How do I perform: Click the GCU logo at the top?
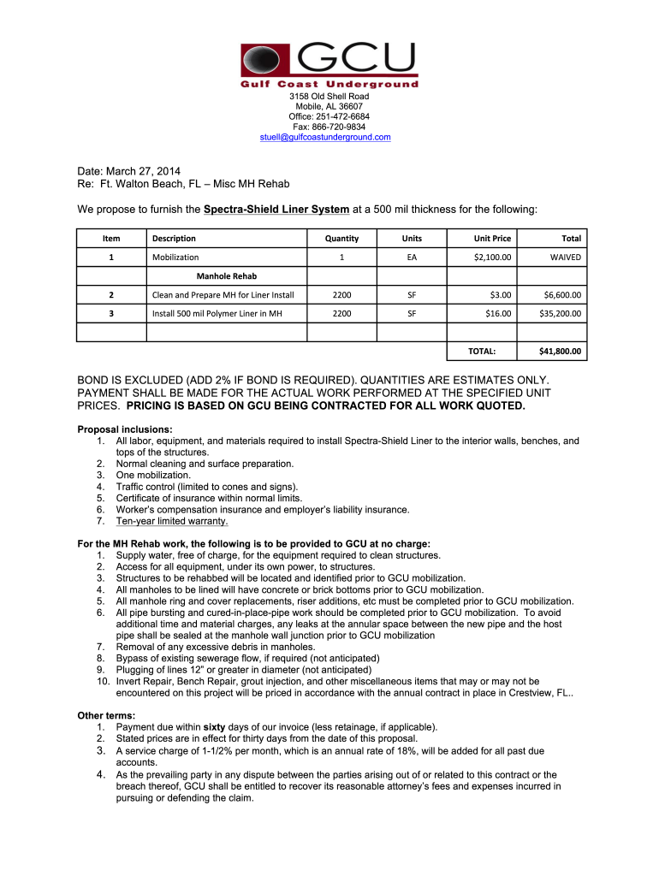[329, 64]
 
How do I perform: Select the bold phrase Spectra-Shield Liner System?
[276, 210]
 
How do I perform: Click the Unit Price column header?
[492, 238]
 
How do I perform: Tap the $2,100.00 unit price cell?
[492, 257]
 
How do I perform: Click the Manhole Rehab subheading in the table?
[227, 276]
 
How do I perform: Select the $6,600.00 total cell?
[562, 295]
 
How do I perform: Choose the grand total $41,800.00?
[560, 351]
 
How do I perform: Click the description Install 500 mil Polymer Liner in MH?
[217, 313]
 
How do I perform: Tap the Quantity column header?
[341, 238]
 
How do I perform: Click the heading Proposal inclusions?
[125, 429]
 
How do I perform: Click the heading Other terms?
[106, 715]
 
